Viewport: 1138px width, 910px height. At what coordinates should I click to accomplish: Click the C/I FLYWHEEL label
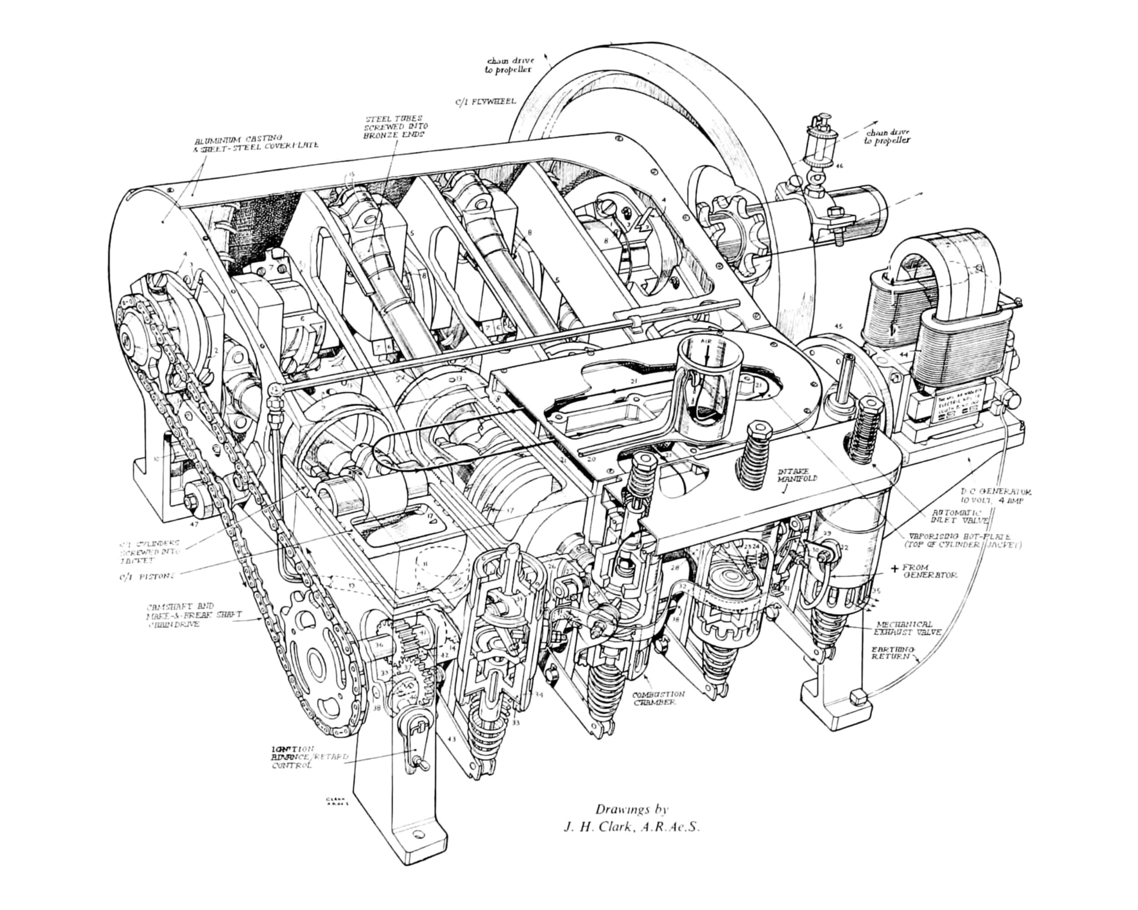pyautogui.click(x=486, y=101)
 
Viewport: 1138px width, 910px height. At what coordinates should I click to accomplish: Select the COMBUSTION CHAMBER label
pyautogui.click(x=658, y=698)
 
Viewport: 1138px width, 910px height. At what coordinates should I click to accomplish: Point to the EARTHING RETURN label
pyautogui.click(x=891, y=652)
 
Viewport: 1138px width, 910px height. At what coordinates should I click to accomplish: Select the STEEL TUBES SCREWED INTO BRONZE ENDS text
pyautogui.click(x=396, y=127)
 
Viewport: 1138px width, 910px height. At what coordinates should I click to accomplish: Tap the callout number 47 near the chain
pyautogui.click(x=194, y=524)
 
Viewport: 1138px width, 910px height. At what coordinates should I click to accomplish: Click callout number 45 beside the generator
pyautogui.click(x=838, y=327)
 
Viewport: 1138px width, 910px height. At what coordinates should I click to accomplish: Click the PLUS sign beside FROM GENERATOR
pyautogui.click(x=894, y=569)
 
